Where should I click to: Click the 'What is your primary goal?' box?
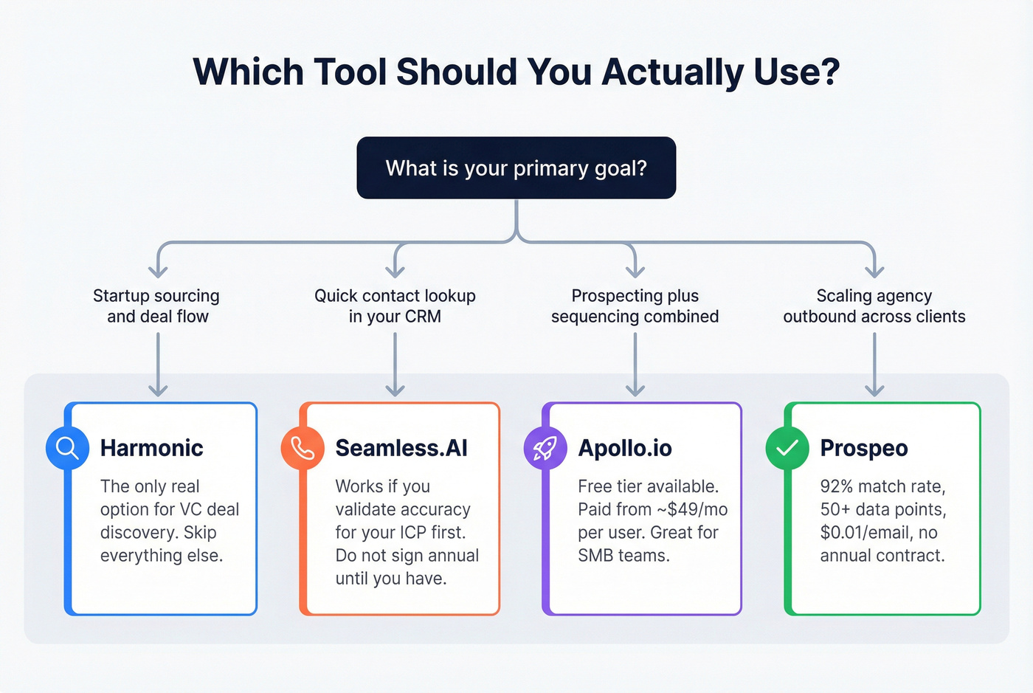(x=516, y=168)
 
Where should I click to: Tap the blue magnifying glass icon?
(x=67, y=448)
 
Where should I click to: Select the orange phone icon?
(x=303, y=448)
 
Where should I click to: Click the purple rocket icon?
(x=545, y=448)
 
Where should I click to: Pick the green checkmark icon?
(x=787, y=448)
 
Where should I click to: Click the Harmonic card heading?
(x=151, y=448)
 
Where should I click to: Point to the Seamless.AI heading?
(x=401, y=448)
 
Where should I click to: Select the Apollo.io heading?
(x=624, y=448)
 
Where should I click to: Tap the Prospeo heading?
(x=864, y=448)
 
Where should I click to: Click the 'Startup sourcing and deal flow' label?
(x=156, y=306)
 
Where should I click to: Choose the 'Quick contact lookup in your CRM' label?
(x=395, y=306)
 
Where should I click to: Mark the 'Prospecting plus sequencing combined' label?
(x=635, y=306)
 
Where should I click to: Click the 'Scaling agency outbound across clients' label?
(x=874, y=306)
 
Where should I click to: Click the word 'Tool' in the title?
(x=350, y=72)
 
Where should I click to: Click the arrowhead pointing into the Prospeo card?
(x=874, y=390)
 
